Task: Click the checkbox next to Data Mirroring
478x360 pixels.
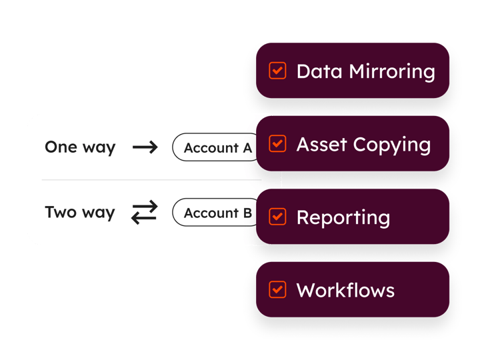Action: tap(277, 71)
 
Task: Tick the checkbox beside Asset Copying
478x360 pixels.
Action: tap(277, 143)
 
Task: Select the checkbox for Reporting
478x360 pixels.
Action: tap(277, 217)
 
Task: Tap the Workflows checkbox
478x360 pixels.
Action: tap(277, 289)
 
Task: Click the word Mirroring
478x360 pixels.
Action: tap(392, 72)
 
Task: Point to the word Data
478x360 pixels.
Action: tap(319, 71)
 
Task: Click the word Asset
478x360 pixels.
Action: tap(321, 144)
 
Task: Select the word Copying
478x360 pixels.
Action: tap(392, 145)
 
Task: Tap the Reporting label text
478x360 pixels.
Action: tap(343, 218)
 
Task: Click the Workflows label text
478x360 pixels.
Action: tap(345, 290)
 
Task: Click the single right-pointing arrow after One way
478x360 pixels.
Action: tap(145, 147)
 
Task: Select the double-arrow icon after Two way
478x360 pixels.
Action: tap(145, 212)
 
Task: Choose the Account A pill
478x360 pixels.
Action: tap(215, 147)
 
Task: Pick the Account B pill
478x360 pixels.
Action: tap(215, 212)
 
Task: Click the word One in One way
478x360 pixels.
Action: tap(61, 147)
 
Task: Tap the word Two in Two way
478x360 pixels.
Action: tap(61, 212)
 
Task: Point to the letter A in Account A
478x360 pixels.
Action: tap(247, 148)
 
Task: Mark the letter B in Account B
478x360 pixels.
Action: tap(247, 213)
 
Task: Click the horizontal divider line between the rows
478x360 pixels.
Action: tap(151, 180)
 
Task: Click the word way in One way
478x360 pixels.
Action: tap(99, 149)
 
